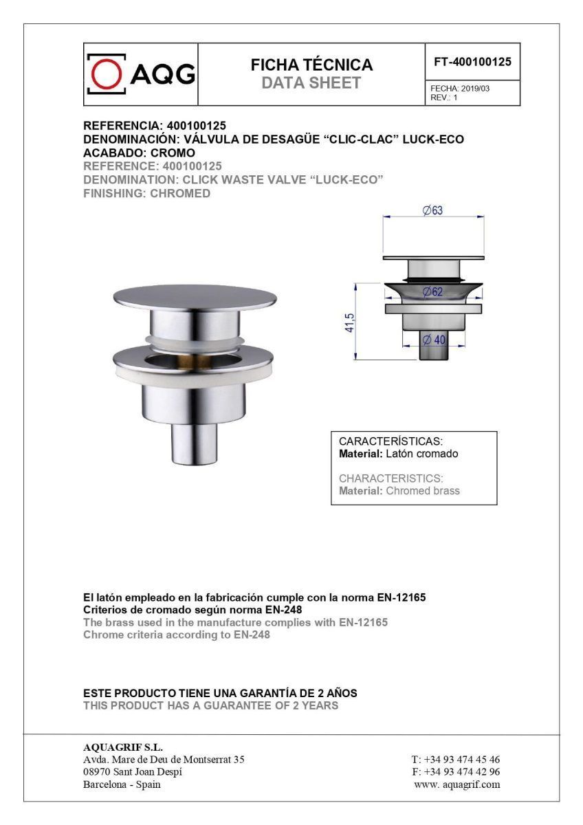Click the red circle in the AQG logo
(x=106, y=74)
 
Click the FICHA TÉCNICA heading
(x=311, y=65)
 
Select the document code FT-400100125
(x=472, y=62)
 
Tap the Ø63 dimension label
(x=432, y=210)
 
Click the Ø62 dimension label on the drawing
(x=432, y=292)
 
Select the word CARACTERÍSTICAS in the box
(x=391, y=441)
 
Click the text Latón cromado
(x=421, y=454)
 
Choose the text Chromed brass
(x=423, y=491)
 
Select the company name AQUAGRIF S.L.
(x=123, y=748)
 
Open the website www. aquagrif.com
(x=457, y=784)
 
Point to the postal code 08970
(x=97, y=772)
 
